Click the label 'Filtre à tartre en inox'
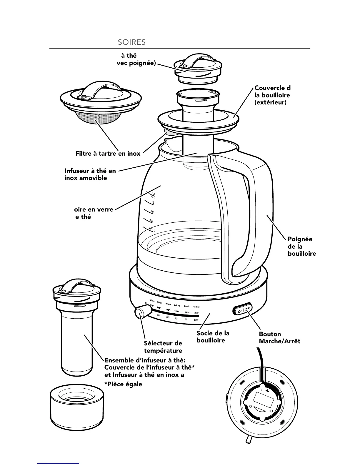(x=108, y=154)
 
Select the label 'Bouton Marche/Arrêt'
(x=279, y=338)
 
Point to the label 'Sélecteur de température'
(x=163, y=347)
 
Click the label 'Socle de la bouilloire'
(x=213, y=337)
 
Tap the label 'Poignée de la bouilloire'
(x=301, y=247)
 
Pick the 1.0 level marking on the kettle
(x=152, y=212)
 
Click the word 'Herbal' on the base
(x=196, y=307)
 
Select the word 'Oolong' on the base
(x=177, y=305)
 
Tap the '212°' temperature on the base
(x=196, y=313)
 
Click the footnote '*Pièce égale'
(x=123, y=384)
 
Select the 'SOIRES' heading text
(x=131, y=42)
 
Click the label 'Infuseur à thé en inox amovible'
(x=90, y=174)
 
